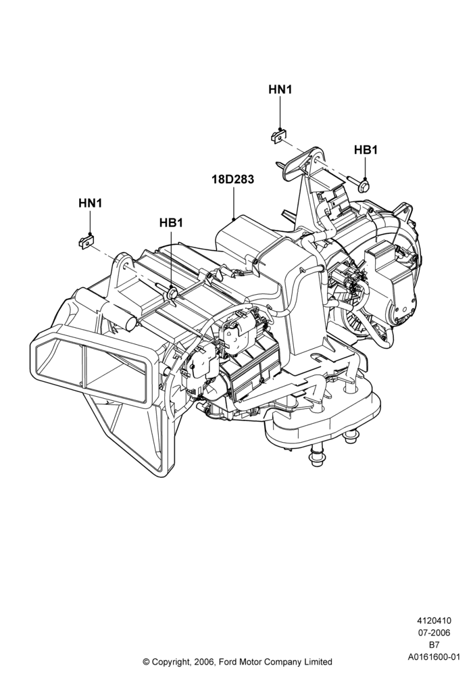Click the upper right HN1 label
[x=280, y=89]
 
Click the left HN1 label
[x=90, y=203]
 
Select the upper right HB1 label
[x=366, y=149]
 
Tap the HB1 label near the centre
[x=171, y=223]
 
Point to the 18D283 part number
[x=232, y=179]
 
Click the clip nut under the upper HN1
[x=278, y=135]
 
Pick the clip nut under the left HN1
[x=86, y=241]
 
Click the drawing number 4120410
[x=434, y=621]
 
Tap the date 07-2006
[x=434, y=633]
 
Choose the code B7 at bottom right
[x=434, y=645]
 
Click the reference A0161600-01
[x=434, y=657]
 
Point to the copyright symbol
[x=146, y=661]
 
